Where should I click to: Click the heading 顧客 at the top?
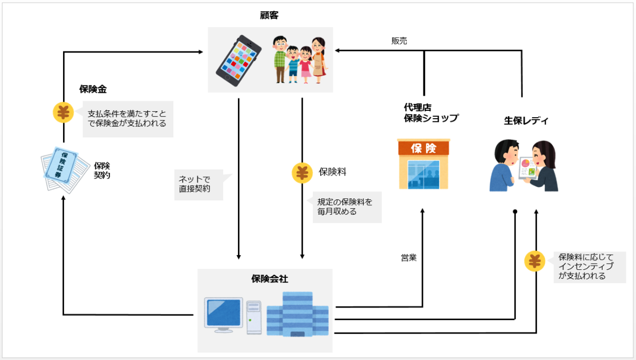(270, 15)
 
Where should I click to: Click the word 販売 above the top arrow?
(399, 41)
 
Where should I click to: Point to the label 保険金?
(93, 90)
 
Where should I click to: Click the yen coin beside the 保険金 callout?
(63, 112)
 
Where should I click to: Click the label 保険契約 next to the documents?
(102, 170)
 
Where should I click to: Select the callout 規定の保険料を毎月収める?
(346, 207)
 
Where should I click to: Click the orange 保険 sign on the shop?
(423, 147)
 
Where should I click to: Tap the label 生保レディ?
(526, 121)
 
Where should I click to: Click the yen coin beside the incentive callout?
(535, 262)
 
